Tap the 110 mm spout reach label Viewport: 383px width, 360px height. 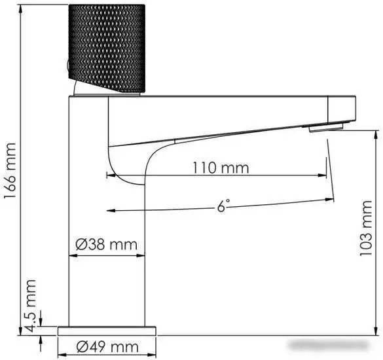click(x=220, y=168)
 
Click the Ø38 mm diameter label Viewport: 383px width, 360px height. click(x=106, y=245)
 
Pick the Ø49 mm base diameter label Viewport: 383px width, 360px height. click(x=107, y=346)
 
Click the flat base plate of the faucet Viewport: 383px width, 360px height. click(x=107, y=331)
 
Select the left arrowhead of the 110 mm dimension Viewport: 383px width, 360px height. click(x=109, y=175)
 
